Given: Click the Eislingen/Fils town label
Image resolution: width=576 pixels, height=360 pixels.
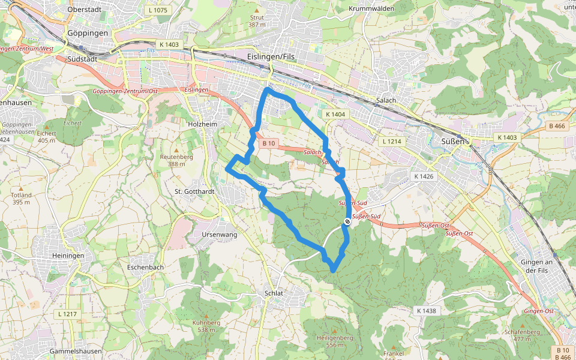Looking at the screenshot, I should tap(270, 55).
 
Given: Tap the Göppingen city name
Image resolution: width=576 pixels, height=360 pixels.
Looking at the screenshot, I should tap(88, 33).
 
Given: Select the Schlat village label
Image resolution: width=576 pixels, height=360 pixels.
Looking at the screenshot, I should tap(274, 293).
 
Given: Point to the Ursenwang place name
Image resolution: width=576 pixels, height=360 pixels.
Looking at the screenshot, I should tap(220, 235).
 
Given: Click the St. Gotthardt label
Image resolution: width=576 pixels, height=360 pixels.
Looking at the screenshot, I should tap(194, 191).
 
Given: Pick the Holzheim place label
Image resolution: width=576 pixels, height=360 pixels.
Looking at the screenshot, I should tap(202, 124).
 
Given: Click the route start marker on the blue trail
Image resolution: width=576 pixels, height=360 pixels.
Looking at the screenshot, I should tap(347, 223).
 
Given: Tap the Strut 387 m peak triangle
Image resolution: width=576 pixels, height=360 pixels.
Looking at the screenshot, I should tap(257, 10).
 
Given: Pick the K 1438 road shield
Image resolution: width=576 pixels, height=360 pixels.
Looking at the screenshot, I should tap(426, 311).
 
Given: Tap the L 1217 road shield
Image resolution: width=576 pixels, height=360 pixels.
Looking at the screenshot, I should tap(68, 314).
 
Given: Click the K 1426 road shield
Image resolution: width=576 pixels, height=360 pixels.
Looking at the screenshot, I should tap(424, 176).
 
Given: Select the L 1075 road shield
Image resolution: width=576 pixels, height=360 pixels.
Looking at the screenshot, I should tap(157, 10).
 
